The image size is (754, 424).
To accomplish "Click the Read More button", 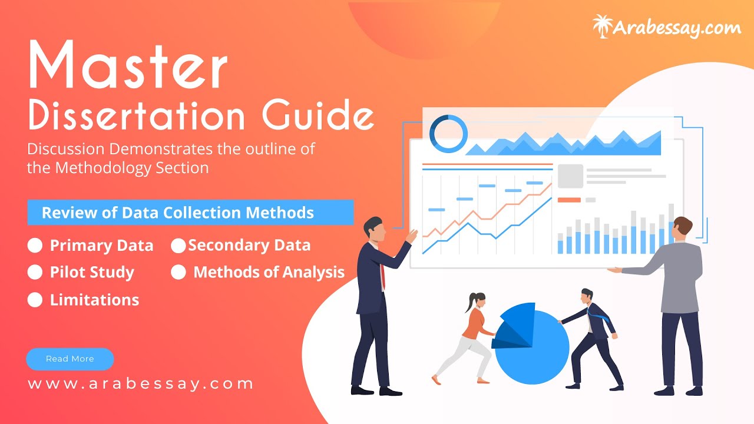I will pos(70,359).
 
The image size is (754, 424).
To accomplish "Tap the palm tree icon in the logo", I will pos(602,26).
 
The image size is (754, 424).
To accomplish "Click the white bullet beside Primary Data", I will pos(35,246).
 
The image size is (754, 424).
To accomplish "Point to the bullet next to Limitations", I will pos(35,300).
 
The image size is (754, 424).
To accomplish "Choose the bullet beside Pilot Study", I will pos(35,272).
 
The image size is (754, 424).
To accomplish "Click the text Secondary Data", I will pos(249,245).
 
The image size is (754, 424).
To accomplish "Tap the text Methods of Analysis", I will pos(269,272).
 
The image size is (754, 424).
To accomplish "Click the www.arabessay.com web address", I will pos(141,384).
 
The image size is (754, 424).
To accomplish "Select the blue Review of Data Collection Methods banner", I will pos(190,213).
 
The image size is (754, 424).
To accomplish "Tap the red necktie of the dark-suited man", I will pos(383,275).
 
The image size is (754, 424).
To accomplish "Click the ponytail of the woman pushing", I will pos(469,302).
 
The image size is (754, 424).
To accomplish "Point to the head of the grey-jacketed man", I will pos(682,228).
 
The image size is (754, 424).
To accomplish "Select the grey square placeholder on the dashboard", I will pos(570,176).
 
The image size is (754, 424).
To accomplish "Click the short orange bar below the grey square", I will pos(569,200).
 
